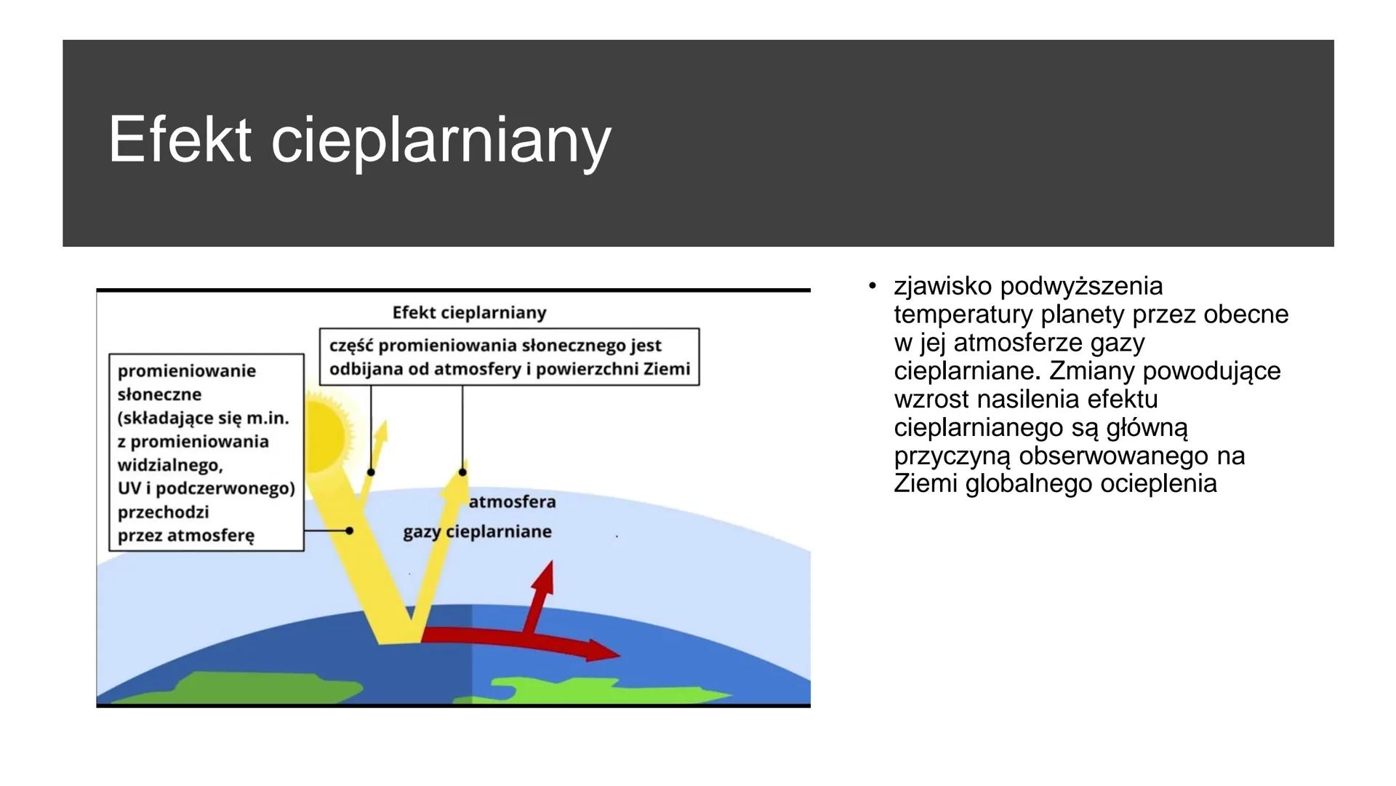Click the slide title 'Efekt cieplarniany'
359,140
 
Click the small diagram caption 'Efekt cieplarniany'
469,313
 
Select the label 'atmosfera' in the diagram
512,501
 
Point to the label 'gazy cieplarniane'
477,532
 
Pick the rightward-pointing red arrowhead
603,650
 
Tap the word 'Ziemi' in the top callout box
667,369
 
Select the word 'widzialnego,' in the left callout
170,465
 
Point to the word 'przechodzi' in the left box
164,512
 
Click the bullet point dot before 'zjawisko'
872,285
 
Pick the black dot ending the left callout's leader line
349,531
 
